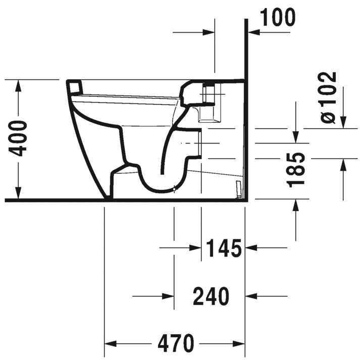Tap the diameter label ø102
(x=328, y=97)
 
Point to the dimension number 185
(x=298, y=170)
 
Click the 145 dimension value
(x=224, y=248)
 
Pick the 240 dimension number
(x=211, y=296)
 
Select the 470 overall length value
(x=175, y=344)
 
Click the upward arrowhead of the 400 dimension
(x=19, y=86)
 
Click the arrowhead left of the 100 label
(x=253, y=32)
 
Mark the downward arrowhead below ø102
(x=343, y=122)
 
